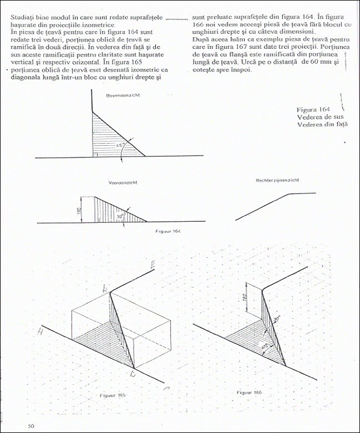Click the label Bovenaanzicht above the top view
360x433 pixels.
click(123, 95)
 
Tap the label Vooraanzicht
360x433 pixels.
click(123, 182)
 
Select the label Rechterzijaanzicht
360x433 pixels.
click(278, 180)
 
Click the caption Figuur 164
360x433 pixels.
click(168, 230)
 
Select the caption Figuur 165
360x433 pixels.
click(113, 395)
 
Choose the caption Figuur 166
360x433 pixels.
click(249, 392)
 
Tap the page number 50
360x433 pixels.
click(32, 425)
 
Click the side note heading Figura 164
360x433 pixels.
click(313, 110)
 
